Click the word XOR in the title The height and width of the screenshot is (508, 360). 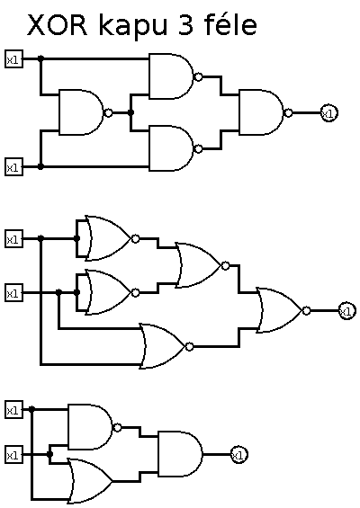(58, 25)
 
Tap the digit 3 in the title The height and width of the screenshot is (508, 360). (185, 25)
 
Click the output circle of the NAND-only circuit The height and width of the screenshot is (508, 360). (329, 113)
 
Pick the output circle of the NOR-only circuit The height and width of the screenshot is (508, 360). (347, 311)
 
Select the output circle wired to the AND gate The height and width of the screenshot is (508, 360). (239, 455)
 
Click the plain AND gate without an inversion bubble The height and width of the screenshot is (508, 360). (180, 454)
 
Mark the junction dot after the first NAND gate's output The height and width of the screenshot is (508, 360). (130, 112)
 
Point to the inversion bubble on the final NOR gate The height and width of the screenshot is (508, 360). (307, 311)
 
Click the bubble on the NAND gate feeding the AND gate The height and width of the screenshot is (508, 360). (118, 428)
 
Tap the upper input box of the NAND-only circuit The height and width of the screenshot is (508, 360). (13, 59)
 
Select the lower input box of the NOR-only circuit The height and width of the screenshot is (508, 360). (13, 293)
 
